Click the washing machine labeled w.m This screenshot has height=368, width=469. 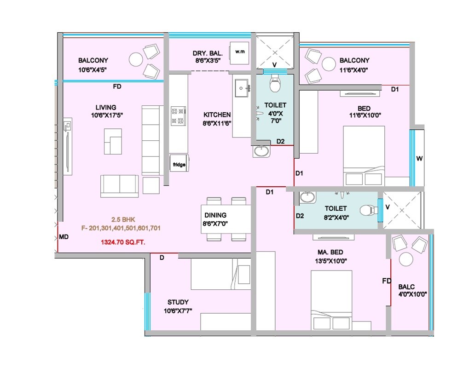point(239,52)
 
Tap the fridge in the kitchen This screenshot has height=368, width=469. point(179,164)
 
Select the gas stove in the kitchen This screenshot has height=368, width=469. point(178,116)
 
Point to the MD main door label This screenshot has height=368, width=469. point(64,237)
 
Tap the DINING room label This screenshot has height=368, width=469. point(215,215)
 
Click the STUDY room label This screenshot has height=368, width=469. point(178,302)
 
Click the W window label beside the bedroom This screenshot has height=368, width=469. point(419,159)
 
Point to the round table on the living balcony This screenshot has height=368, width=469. point(136,59)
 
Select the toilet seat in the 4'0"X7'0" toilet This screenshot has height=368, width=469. point(275,85)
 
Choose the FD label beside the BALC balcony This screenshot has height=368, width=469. point(387,281)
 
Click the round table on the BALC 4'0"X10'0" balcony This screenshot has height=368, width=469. point(405,259)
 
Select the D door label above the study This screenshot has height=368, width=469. point(162,258)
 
